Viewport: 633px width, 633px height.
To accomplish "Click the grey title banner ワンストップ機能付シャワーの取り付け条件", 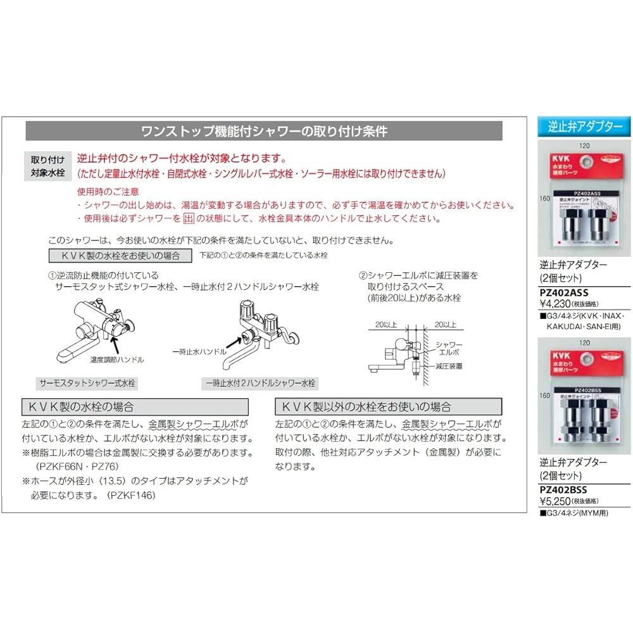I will coord(264,131).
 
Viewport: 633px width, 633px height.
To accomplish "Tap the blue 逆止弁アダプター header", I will coord(584,127).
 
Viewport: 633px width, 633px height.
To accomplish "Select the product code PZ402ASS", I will coord(563,292).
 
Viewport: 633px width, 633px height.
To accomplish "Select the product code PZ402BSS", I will coord(563,489).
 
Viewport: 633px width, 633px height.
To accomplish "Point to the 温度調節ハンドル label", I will coord(118,359).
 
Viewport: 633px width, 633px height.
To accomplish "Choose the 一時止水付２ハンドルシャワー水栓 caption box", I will coord(260,384).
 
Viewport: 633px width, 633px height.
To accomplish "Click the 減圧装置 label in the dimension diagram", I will coord(449,366).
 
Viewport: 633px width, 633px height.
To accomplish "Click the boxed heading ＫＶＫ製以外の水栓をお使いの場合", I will coord(388,406).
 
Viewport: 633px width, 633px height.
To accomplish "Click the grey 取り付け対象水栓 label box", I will coord(48,166).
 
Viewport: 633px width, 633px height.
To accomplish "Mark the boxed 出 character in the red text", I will coord(187,218).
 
